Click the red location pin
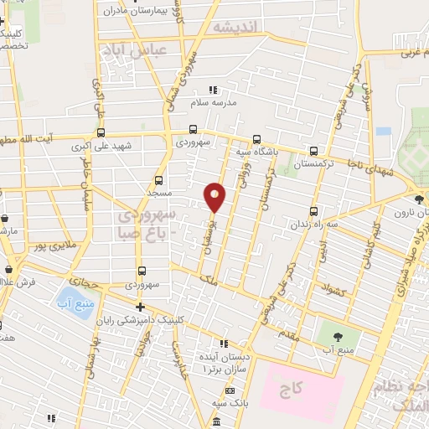click(214, 197)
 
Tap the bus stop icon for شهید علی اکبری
click(101, 132)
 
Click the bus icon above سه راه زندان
click(313, 210)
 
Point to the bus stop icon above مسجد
click(159, 178)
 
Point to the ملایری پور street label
click(49, 246)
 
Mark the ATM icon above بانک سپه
click(229, 391)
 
